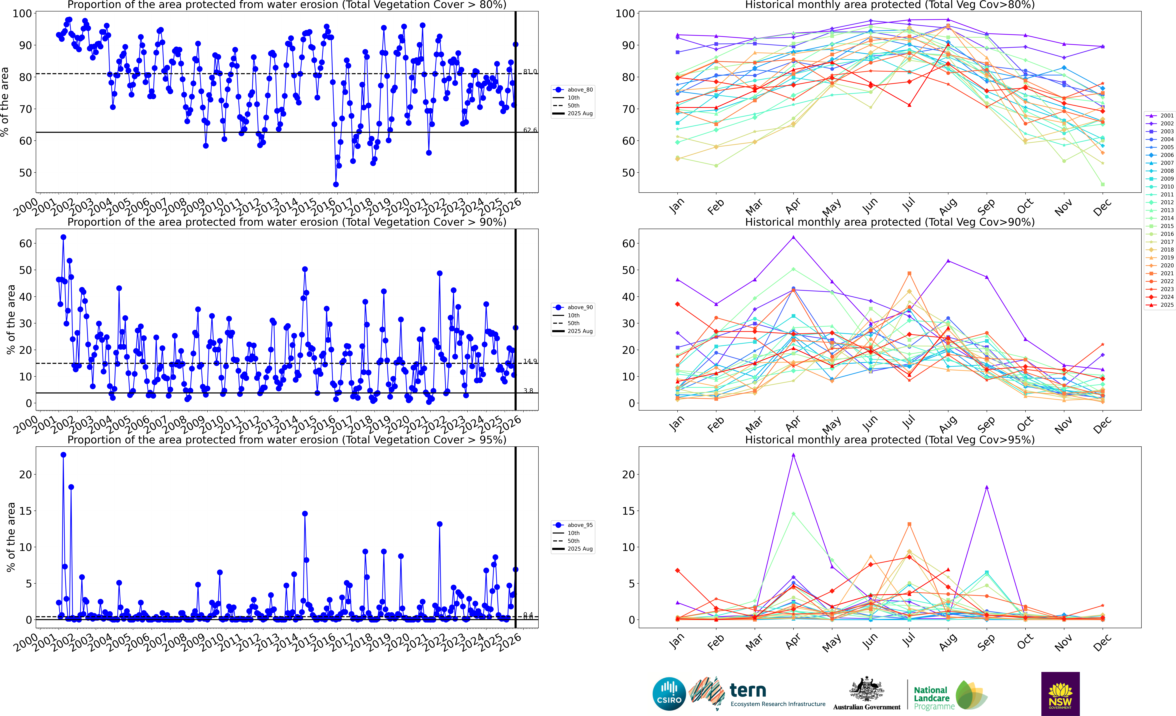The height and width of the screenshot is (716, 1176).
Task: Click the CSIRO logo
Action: click(x=669, y=694)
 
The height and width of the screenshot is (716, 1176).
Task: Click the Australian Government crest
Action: click(x=866, y=690)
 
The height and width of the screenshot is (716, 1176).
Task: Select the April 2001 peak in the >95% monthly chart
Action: click(x=793, y=455)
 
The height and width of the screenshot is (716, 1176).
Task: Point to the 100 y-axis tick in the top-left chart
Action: click(x=22, y=13)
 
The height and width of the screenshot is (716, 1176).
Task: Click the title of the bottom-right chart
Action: click(x=890, y=440)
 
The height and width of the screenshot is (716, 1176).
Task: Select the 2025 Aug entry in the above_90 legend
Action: click(x=579, y=331)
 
